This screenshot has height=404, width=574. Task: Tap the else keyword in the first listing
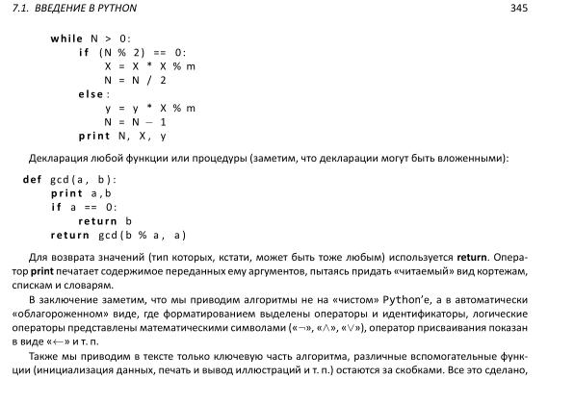click(x=92, y=94)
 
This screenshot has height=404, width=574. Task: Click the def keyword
click(x=32, y=179)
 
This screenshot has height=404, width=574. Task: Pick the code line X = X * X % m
click(x=149, y=66)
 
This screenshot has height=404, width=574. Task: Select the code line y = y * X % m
click(x=149, y=109)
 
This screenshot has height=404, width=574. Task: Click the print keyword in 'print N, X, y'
click(x=94, y=137)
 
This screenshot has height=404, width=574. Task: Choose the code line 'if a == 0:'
click(x=84, y=207)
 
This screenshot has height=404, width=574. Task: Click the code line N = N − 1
click(x=136, y=122)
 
